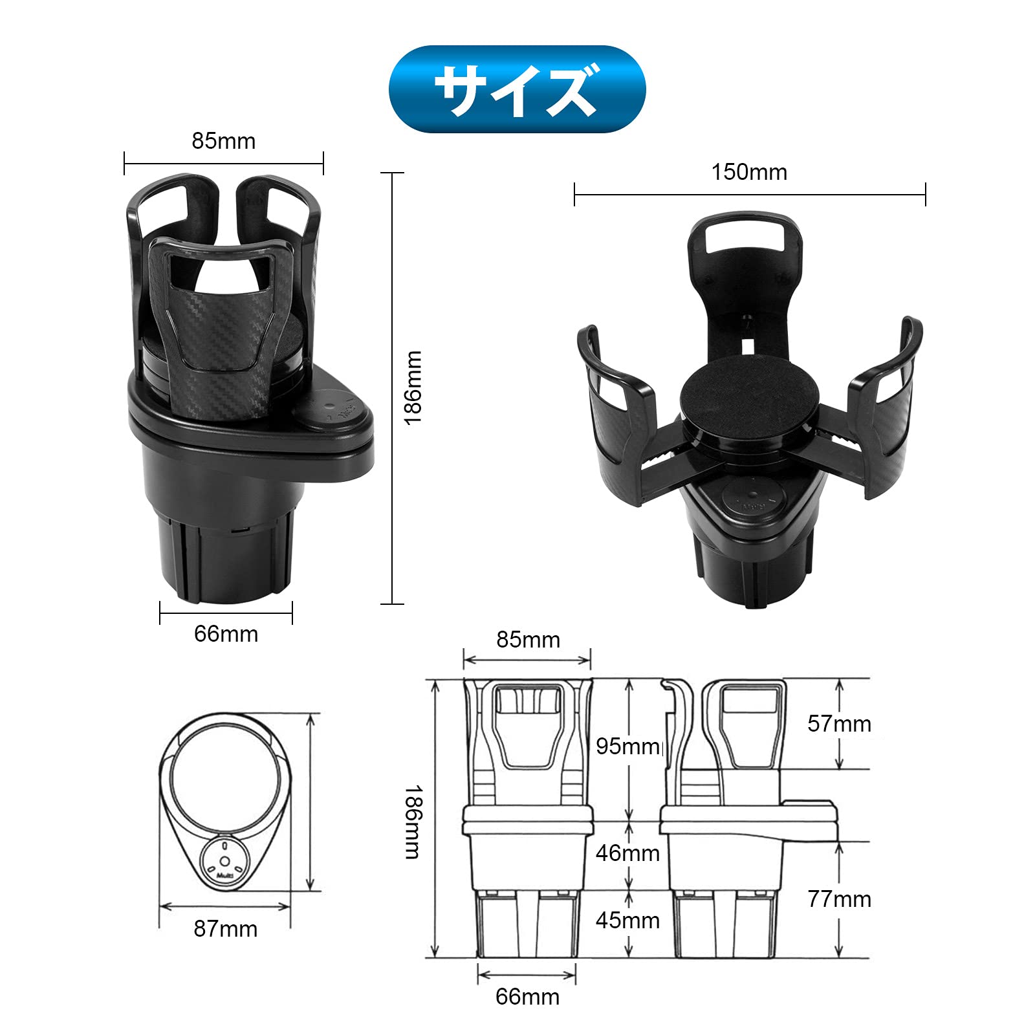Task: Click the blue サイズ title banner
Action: click(x=517, y=89)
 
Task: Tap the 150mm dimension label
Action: click(x=749, y=172)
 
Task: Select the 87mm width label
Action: click(x=225, y=929)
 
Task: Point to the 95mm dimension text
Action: click(x=627, y=746)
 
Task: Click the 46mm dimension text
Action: click(x=627, y=853)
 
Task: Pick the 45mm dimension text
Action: click(x=627, y=921)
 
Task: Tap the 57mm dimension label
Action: click(x=839, y=723)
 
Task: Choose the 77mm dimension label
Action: click(x=839, y=899)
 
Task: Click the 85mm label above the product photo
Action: click(x=224, y=141)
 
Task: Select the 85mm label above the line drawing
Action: click(x=528, y=640)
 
